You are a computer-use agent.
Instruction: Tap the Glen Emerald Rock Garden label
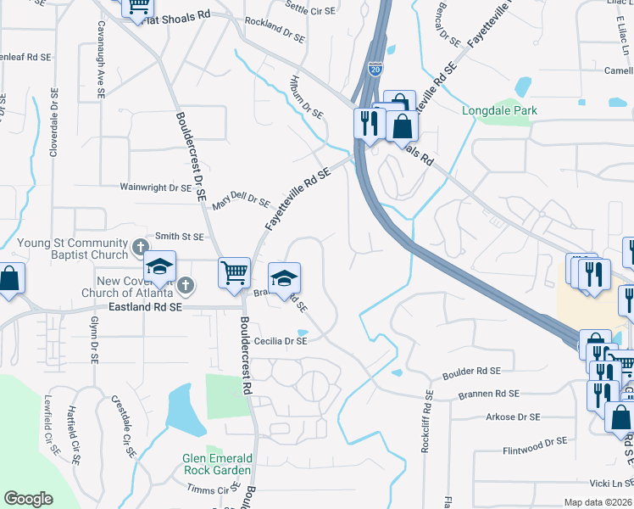(x=217, y=464)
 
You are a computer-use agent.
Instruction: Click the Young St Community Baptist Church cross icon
(x=141, y=248)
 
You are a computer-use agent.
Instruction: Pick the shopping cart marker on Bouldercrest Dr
(x=235, y=272)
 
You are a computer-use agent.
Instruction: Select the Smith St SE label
(x=179, y=238)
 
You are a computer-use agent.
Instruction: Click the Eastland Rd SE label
(x=146, y=309)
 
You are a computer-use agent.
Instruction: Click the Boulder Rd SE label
(x=472, y=372)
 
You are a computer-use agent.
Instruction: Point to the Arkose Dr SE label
(x=513, y=417)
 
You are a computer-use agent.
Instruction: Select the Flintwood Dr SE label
(x=534, y=441)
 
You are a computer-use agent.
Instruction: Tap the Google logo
(x=28, y=499)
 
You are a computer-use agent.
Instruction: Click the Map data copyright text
(x=598, y=502)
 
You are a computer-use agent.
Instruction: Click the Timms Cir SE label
(x=214, y=490)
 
